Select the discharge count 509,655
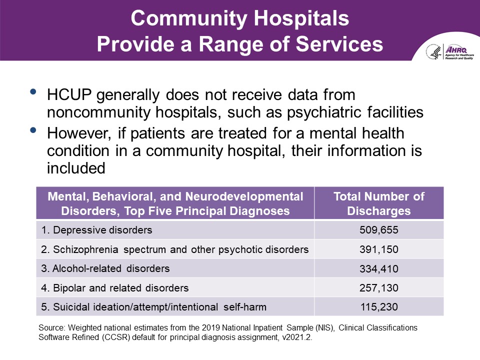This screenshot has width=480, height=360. click(378, 230)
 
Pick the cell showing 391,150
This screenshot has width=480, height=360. click(378, 249)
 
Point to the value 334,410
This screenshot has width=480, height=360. click(378, 269)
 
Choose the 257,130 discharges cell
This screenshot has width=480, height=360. click(378, 288)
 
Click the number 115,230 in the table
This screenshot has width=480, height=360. click(378, 307)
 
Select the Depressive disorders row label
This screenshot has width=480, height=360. click(96, 230)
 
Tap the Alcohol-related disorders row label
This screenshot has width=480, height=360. click(105, 268)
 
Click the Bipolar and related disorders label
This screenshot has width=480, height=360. click(115, 288)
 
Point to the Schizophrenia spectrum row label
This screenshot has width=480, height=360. click(175, 249)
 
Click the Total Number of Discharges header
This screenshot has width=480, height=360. click(378, 203)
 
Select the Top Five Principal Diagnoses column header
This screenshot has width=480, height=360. click(175, 203)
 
